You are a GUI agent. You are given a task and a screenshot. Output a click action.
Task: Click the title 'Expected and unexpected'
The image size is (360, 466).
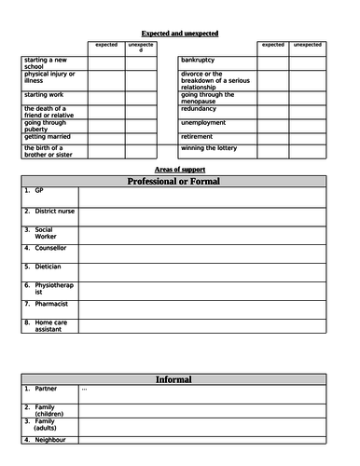tap(181, 34)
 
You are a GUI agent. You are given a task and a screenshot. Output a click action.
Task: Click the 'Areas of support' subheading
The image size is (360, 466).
tap(180, 169)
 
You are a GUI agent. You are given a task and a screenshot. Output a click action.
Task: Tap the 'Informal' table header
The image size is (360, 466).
tap(173, 379)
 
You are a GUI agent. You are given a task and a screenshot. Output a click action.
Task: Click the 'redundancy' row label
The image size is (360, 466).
tap(202, 108)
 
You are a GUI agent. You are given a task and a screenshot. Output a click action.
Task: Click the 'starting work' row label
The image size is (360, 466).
tap(46, 95)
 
